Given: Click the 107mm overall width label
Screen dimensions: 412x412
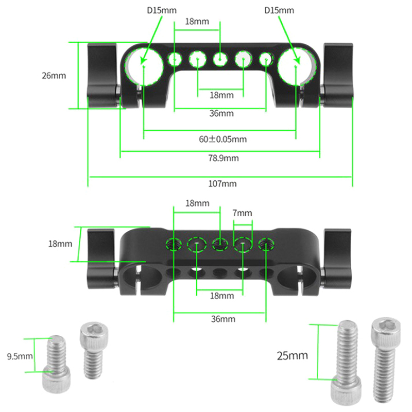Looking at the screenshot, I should click(222, 184).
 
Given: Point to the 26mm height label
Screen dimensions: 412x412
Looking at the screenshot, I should click(54, 76).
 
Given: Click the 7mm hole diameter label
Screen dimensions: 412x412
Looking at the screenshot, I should click(243, 213).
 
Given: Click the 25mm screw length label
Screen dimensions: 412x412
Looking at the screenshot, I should click(292, 355).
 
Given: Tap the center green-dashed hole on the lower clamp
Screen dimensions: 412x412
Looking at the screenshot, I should click(220, 243).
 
